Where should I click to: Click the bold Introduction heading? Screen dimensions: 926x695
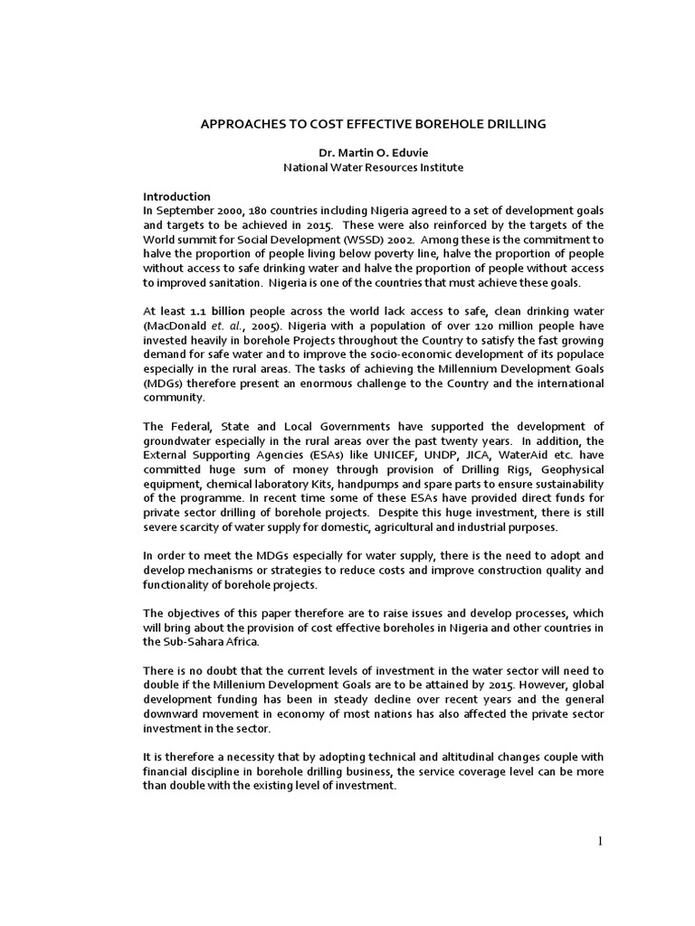[177, 196]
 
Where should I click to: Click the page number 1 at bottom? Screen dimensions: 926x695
[598, 842]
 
